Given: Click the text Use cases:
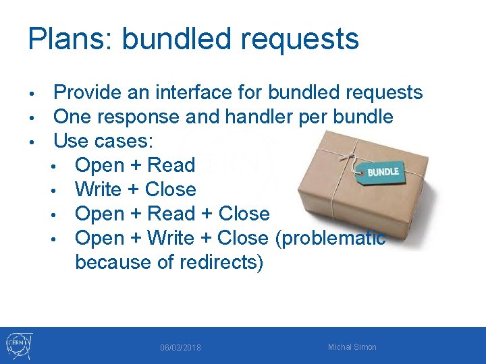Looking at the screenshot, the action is [103, 141].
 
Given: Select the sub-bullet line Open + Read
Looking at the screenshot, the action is [135, 165].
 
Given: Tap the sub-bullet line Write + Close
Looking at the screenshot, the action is [135, 189].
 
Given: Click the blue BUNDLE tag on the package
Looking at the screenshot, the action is [382, 171].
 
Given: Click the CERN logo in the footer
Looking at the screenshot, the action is [19, 345].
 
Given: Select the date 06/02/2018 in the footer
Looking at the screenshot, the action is [180, 348].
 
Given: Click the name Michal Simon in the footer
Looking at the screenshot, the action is [352, 347].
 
